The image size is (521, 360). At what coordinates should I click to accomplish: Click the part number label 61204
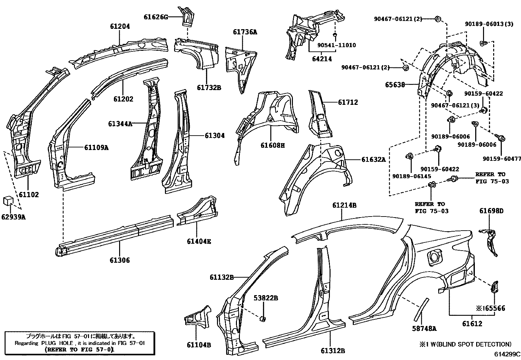click(120, 27)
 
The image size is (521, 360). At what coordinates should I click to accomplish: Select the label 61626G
click(155, 17)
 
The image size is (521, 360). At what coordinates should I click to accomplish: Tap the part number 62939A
click(13, 217)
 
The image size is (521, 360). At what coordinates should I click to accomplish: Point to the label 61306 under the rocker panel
click(119, 260)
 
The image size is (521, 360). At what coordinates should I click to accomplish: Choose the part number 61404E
click(199, 241)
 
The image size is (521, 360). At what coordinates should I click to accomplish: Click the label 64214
click(322, 59)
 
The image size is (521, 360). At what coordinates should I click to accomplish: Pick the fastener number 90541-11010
click(336, 45)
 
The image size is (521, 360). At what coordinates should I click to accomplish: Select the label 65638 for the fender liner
click(395, 85)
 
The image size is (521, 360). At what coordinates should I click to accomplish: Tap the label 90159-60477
click(502, 159)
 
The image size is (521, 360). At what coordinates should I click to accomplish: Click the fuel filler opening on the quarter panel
click(434, 256)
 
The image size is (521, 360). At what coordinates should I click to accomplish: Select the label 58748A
click(424, 328)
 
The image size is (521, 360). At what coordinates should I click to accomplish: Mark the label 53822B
click(266, 298)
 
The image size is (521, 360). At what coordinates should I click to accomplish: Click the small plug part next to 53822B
click(262, 318)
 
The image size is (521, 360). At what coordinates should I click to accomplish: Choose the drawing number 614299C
click(507, 354)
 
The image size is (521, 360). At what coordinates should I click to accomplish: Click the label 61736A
click(245, 32)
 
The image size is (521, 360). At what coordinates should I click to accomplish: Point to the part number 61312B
click(333, 351)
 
